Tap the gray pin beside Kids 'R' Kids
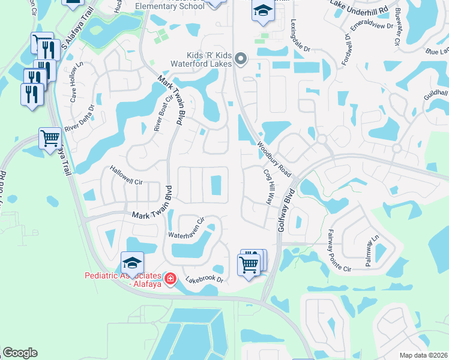241,59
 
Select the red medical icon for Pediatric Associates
170,279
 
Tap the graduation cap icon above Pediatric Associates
132,262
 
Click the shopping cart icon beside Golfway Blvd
249,263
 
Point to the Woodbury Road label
274,159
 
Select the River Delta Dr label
80,118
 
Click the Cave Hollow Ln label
76,80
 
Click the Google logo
20,353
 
